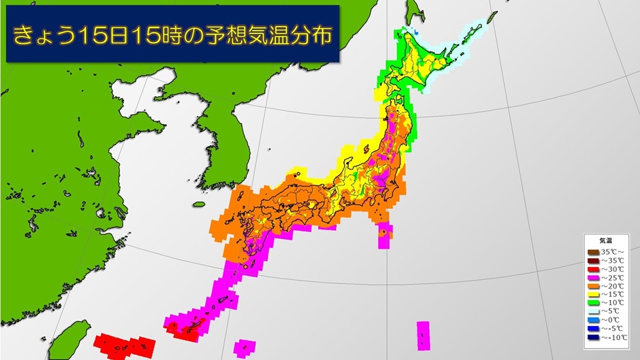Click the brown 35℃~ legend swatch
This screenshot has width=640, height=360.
click(x=593, y=253)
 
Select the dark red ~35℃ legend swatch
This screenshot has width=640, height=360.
click(x=593, y=261)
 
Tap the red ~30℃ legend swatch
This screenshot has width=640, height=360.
click(x=593, y=269)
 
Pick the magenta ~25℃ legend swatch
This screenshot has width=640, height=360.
click(x=593, y=277)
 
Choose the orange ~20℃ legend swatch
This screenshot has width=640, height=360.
click(x=593, y=285)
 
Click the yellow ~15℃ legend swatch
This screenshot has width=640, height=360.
click(x=593, y=294)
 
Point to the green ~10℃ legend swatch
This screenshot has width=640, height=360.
click(x=593, y=303)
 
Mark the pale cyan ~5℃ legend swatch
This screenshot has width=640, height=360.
click(x=593, y=311)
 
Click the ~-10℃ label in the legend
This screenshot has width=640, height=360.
click(x=614, y=337)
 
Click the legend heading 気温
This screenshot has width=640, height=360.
click(x=607, y=241)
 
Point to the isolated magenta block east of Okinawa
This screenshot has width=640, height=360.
click(x=423, y=335)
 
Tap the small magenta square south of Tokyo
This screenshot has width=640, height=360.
click(x=385, y=236)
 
